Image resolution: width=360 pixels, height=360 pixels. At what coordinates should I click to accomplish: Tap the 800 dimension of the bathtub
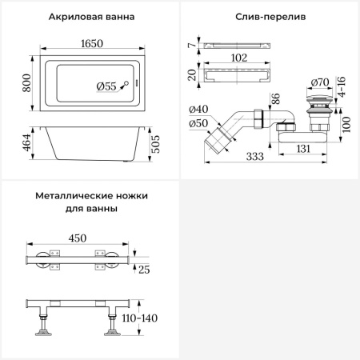(x=26, y=80)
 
